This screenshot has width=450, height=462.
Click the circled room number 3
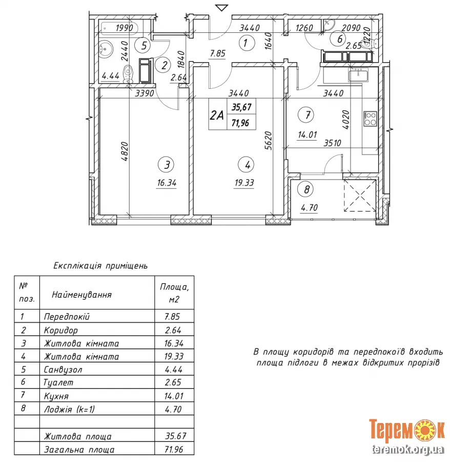coord(166,165)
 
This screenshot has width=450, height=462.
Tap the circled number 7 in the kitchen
coord(306,114)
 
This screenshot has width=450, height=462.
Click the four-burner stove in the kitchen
coord(370,119)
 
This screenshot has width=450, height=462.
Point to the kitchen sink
coord(358,74)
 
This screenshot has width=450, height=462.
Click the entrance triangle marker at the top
coord(222,8)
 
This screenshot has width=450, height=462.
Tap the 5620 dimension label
coord(268,141)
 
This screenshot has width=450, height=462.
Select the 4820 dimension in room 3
coord(125,151)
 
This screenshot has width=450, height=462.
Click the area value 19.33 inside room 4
coord(244,183)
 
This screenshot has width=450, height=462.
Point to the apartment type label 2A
coord(217,115)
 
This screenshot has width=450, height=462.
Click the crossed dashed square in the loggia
coord(360,196)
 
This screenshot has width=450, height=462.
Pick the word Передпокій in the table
coord(67,316)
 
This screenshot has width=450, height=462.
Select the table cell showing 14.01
coord(174,396)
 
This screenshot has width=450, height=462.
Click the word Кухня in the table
coord(56,396)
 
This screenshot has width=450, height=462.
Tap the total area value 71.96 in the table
coord(174,449)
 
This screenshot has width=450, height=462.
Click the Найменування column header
coord(82,295)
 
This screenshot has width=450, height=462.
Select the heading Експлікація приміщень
coord(100,266)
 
